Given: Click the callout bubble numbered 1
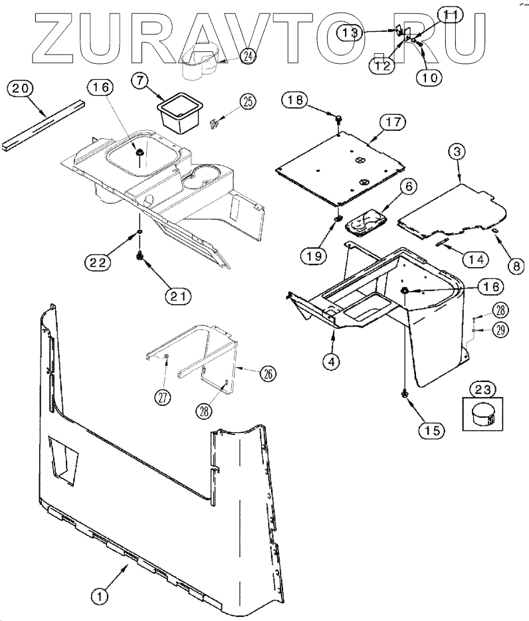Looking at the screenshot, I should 100,596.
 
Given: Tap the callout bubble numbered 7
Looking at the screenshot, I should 140,81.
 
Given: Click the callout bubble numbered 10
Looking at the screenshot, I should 429,76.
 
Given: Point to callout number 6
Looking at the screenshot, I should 408,188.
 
